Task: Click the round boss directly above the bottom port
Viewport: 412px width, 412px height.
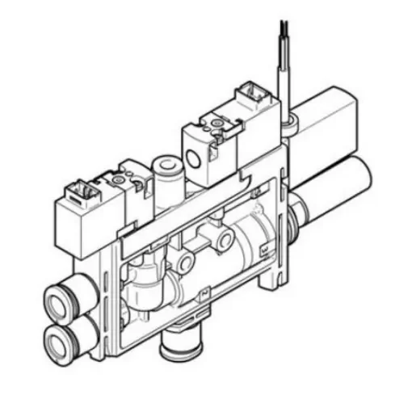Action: click(x=186, y=263)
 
